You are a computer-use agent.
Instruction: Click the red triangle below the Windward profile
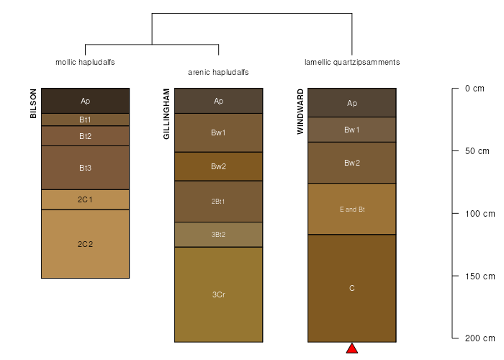click(x=352, y=349)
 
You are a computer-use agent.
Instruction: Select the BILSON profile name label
click(x=33, y=104)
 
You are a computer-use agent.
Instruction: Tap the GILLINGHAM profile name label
click(x=166, y=114)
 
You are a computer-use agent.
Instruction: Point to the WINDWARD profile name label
click(x=300, y=112)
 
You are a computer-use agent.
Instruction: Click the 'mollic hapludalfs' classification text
click(x=85, y=62)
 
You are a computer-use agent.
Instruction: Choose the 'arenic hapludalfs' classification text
click(x=218, y=72)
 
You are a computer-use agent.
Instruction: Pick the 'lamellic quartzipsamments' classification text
click(x=352, y=62)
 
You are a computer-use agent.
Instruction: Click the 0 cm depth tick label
click(x=474, y=89)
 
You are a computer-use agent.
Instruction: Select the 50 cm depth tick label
click(x=477, y=151)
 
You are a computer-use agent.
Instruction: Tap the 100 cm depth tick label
click(x=480, y=214)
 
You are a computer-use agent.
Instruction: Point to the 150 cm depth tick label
click(x=480, y=276)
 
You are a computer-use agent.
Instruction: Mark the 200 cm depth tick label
click(x=480, y=338)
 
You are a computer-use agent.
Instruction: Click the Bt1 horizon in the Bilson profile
click(x=85, y=120)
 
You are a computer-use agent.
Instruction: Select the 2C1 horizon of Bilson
click(x=85, y=199)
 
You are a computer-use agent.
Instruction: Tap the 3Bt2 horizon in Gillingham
click(x=219, y=234)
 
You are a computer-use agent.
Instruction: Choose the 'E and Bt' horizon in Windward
click(x=352, y=209)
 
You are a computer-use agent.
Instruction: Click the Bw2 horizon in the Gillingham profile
click(x=219, y=166)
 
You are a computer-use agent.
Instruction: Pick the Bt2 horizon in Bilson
click(x=85, y=136)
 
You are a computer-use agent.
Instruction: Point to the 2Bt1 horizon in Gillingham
click(x=219, y=202)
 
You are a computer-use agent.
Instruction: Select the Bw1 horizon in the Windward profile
click(x=352, y=130)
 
